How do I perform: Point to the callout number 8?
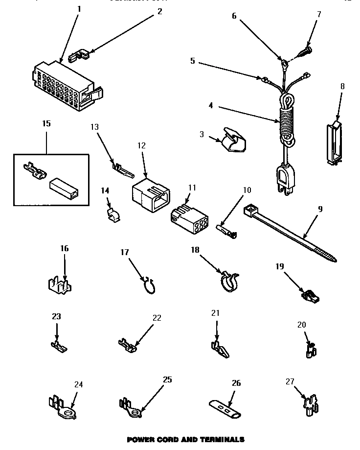coord(342,86)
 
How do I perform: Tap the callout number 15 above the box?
coord(46,123)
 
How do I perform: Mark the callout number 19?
coord(279,266)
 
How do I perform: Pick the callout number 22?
coord(157,317)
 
